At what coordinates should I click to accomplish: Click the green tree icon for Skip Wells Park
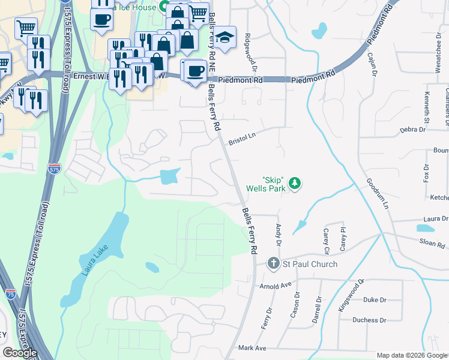[294, 183]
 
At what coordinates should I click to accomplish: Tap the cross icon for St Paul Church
[273, 263]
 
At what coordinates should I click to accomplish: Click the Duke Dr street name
[375, 299]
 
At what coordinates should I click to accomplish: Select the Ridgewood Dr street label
[247, 47]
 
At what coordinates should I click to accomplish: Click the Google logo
[20, 353]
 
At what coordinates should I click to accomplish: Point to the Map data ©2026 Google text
[411, 355]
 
